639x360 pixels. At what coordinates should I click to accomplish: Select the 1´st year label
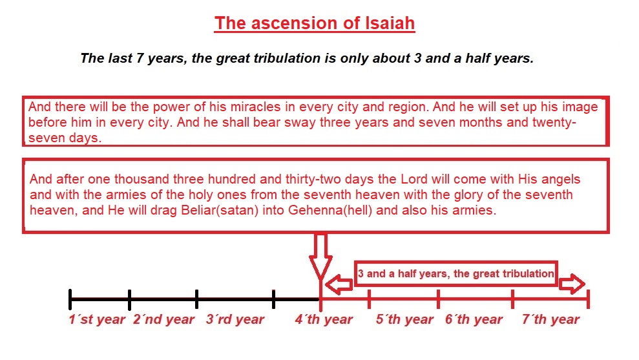[97, 319]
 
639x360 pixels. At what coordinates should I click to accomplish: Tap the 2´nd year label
[164, 319]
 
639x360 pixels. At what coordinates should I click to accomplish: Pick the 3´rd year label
[235, 319]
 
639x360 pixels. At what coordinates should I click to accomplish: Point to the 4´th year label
[324, 319]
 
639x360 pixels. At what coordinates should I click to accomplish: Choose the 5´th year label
[404, 319]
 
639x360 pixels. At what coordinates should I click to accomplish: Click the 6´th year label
[474, 319]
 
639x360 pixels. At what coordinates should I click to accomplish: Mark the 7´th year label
[551, 319]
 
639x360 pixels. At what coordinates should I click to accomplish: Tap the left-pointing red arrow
[339, 284]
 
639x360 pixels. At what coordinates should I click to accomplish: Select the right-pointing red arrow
[572, 284]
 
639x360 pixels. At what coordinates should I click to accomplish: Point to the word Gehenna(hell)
[330, 210]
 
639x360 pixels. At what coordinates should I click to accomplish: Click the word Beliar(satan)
[220, 210]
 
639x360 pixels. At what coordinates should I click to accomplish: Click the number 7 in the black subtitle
[140, 58]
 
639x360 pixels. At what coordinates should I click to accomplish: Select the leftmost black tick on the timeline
[70, 300]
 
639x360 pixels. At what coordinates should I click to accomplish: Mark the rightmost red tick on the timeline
[588, 300]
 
